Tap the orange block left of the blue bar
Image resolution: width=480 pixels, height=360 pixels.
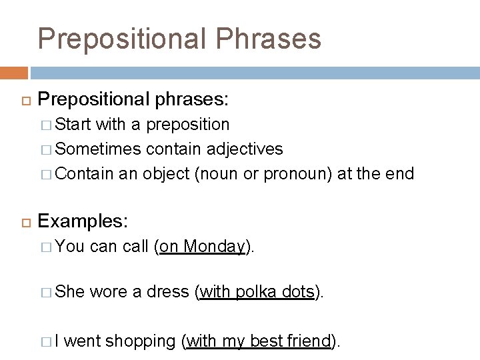coord(13,73)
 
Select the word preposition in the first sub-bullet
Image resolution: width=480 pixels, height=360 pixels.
coord(188,125)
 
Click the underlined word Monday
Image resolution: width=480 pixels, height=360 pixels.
coord(214,247)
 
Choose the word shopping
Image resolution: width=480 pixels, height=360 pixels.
coord(140,341)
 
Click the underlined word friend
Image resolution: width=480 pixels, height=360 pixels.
coord(309,341)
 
